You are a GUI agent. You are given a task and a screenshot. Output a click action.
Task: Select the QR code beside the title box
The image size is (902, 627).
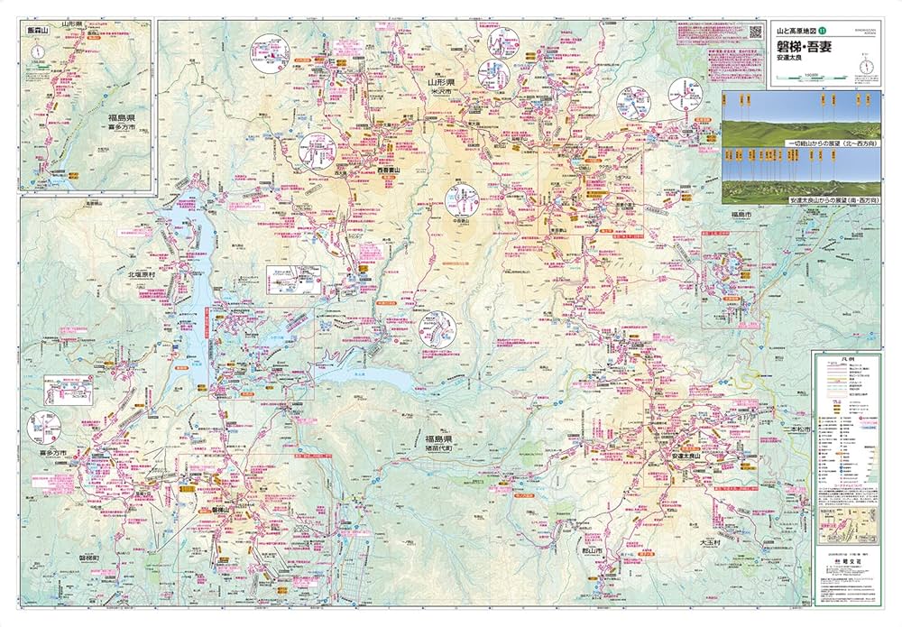click(x=755, y=32)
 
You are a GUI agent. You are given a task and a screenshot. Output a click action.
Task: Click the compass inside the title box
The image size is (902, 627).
click(x=866, y=65)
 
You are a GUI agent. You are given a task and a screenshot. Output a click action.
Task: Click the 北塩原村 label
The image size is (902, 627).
click(x=142, y=274)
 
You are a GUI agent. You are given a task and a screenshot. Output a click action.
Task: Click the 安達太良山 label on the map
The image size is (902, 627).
click(x=692, y=457)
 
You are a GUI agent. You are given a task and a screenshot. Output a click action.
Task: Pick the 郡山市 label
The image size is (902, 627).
click(x=593, y=549)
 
